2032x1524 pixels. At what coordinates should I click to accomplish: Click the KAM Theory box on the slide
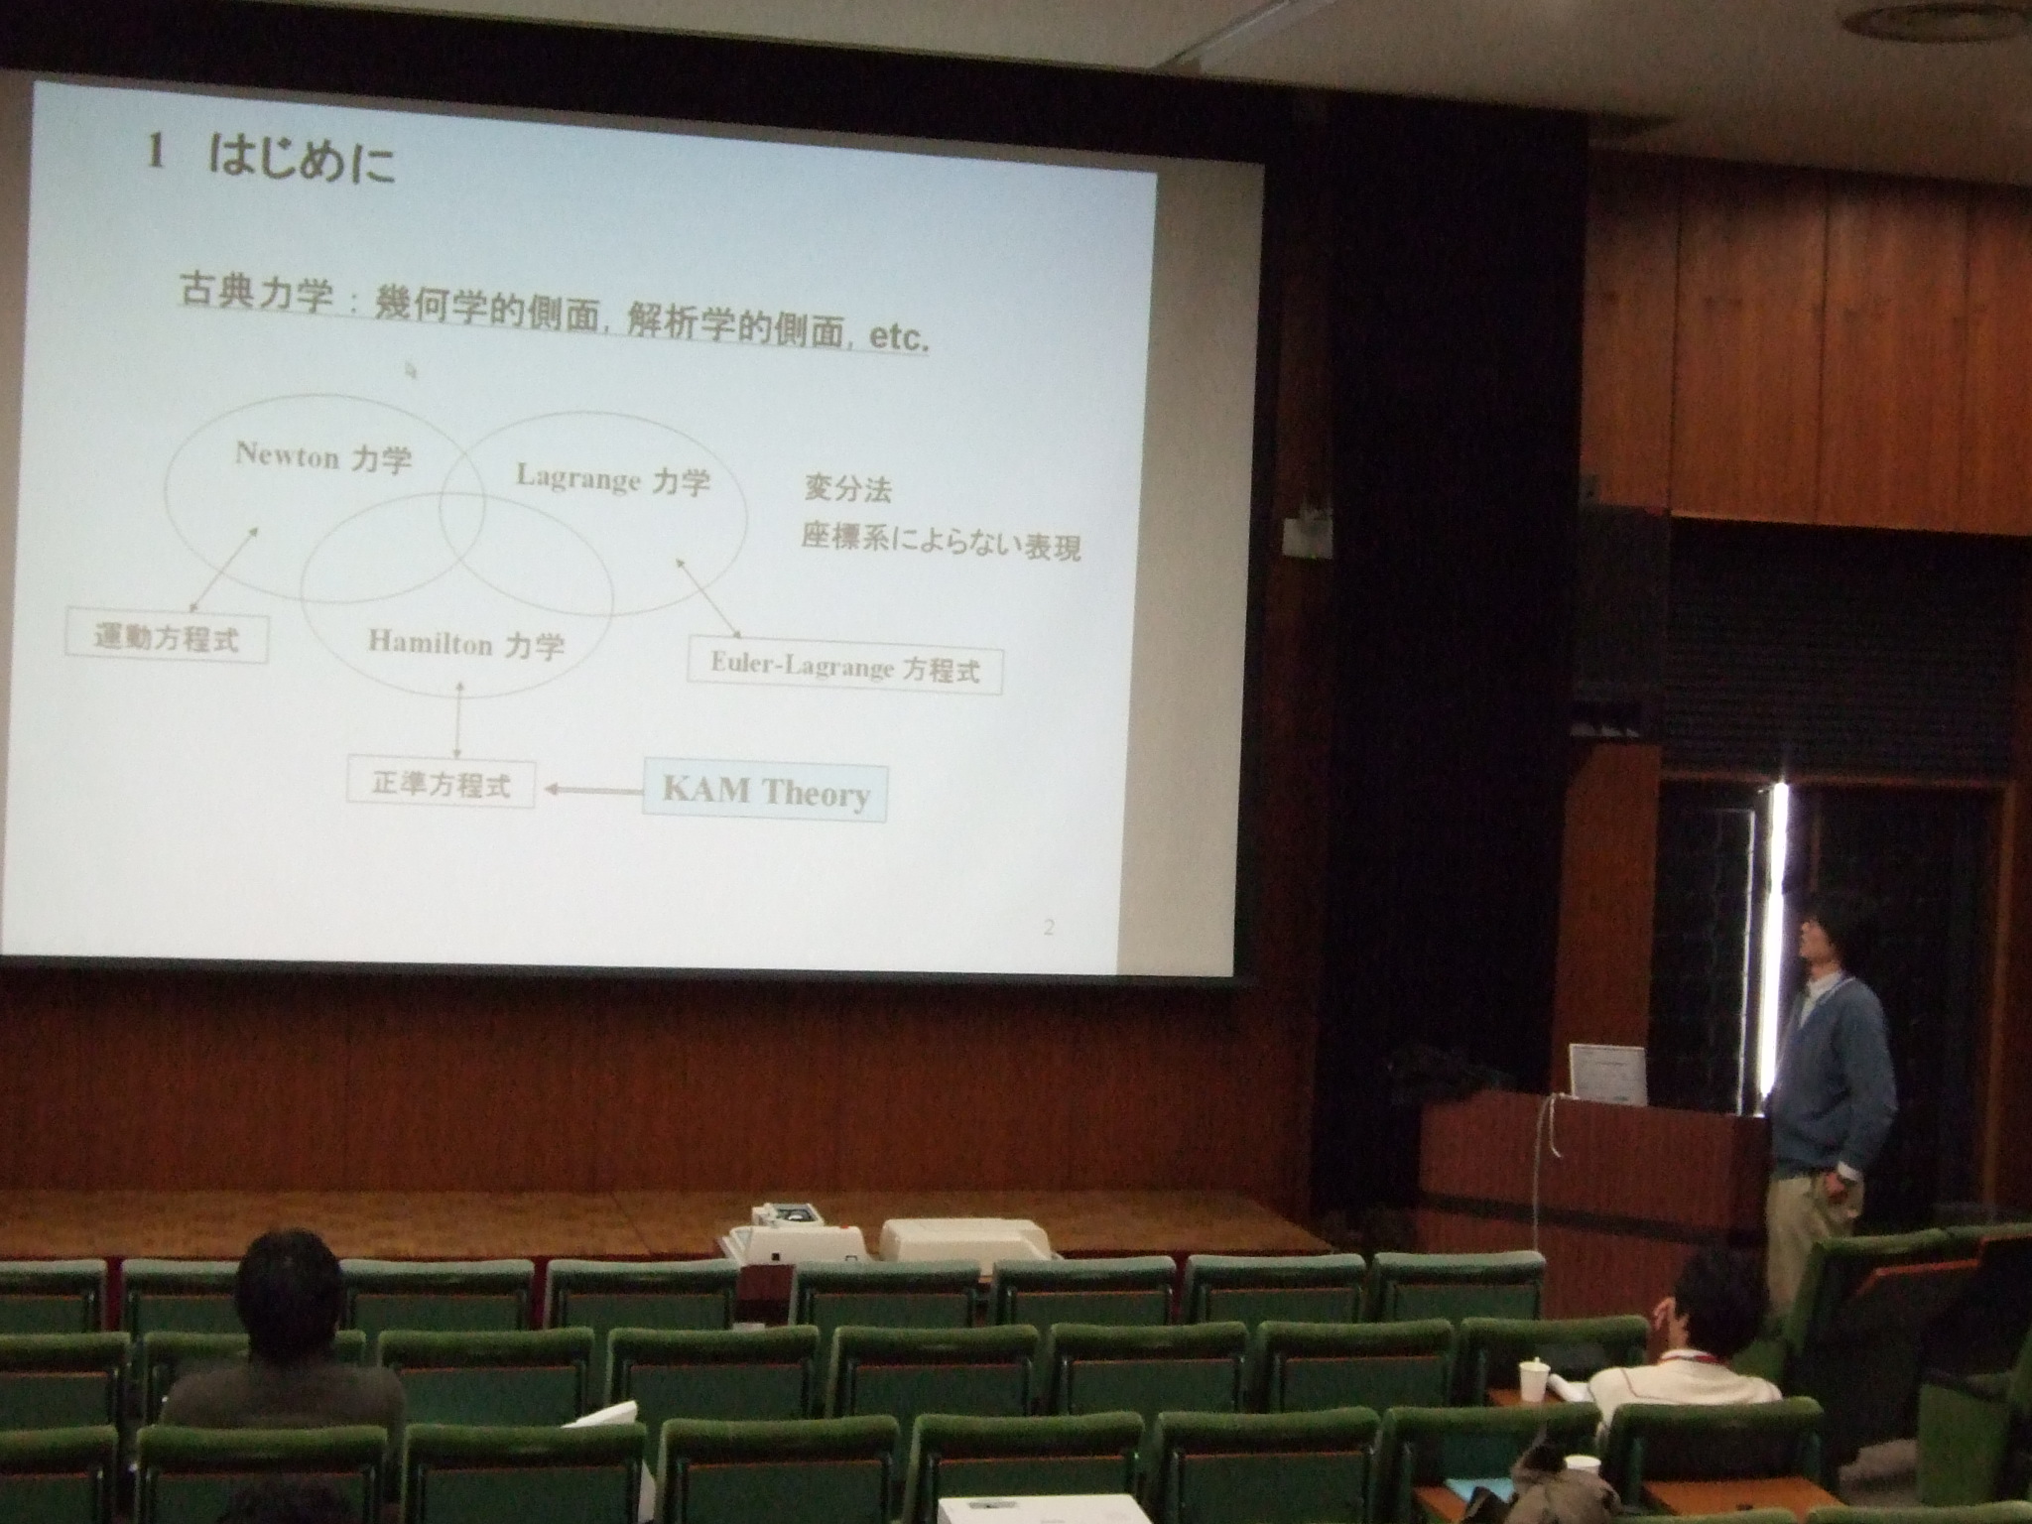[x=764, y=791]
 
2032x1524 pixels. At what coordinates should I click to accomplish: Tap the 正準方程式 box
[x=442, y=784]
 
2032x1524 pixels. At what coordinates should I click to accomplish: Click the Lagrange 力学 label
[x=613, y=480]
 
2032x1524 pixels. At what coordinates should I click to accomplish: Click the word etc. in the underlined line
[x=898, y=337]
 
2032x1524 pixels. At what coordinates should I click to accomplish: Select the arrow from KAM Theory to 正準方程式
[x=593, y=790]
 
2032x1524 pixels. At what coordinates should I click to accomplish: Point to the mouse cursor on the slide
[x=410, y=371]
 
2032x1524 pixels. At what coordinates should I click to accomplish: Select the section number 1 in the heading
[x=155, y=154]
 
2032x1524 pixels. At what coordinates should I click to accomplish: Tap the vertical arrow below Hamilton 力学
[x=457, y=720]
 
